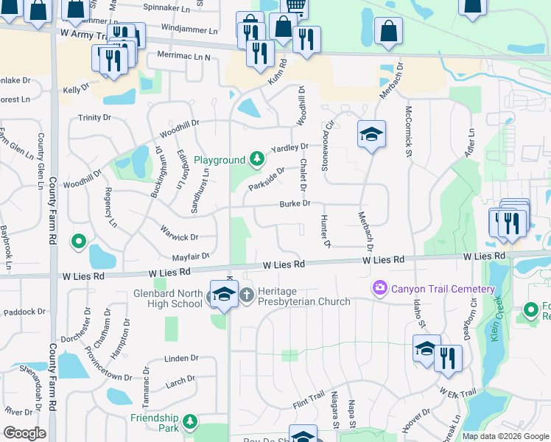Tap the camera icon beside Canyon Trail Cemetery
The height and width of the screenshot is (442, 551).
pos(379,287)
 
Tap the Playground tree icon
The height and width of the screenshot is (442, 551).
pos(256,158)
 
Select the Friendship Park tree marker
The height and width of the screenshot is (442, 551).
pos(191,421)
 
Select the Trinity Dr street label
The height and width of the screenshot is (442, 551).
pos(94,117)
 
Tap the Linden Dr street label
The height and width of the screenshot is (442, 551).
pos(177,358)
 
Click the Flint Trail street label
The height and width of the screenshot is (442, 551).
pos(308,402)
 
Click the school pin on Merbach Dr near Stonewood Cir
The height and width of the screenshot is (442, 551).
pos(371,134)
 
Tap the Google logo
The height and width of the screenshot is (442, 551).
pos(24,433)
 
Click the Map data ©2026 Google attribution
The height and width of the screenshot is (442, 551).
pos(505,436)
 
